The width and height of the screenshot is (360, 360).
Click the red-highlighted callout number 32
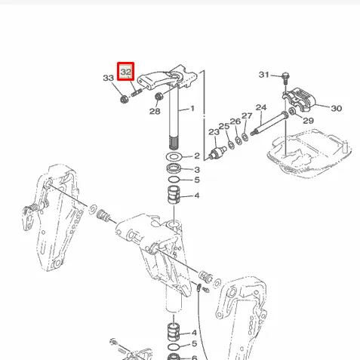[126, 72]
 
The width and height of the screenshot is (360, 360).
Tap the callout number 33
[109, 78]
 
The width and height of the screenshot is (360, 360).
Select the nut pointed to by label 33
[124, 99]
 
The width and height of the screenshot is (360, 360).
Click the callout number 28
[155, 111]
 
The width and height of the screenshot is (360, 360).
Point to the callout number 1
[192, 109]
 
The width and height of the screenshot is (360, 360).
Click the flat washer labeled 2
[174, 157]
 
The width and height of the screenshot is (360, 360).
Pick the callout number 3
[197, 170]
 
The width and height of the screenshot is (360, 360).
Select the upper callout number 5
[197, 180]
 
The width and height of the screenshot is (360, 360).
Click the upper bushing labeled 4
[174, 195]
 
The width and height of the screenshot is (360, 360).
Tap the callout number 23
[214, 132]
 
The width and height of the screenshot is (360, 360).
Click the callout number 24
[261, 107]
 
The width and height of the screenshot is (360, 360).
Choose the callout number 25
[224, 126]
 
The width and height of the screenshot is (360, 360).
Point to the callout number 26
[235, 122]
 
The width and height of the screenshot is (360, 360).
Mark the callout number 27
[247, 115]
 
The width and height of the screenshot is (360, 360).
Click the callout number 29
[308, 121]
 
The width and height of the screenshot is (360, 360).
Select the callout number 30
[337, 109]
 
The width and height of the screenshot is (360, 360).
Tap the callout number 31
[264, 75]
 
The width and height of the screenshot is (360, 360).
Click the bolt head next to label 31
[286, 75]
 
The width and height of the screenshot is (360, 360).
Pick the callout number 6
[195, 358]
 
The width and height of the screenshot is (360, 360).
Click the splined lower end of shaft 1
[174, 143]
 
